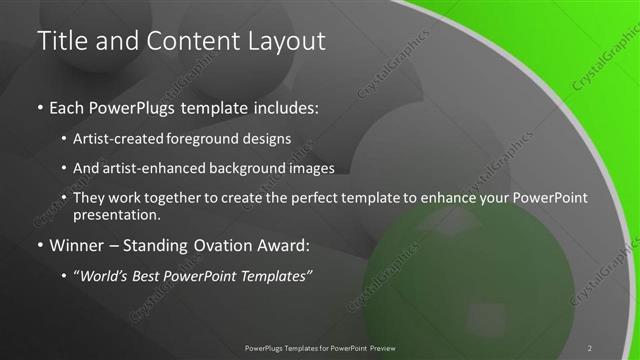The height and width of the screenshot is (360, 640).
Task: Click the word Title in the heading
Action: (x=60, y=41)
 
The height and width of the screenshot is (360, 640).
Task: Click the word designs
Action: (x=270, y=138)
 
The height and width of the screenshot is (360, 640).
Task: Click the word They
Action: (x=92, y=198)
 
